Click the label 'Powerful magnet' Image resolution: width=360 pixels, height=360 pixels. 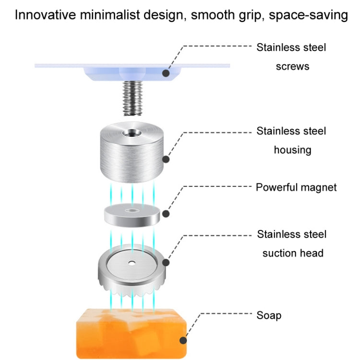296,187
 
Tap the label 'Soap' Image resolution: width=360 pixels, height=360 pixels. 269,315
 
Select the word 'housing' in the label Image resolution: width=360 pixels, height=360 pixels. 292,150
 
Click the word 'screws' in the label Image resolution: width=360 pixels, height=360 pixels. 292,66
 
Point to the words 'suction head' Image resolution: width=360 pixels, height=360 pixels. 292,253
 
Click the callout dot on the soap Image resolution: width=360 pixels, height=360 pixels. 183,341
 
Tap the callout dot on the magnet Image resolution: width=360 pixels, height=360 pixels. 166,215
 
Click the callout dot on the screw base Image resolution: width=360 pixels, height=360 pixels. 166,73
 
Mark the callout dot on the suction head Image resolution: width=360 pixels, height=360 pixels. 166,262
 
